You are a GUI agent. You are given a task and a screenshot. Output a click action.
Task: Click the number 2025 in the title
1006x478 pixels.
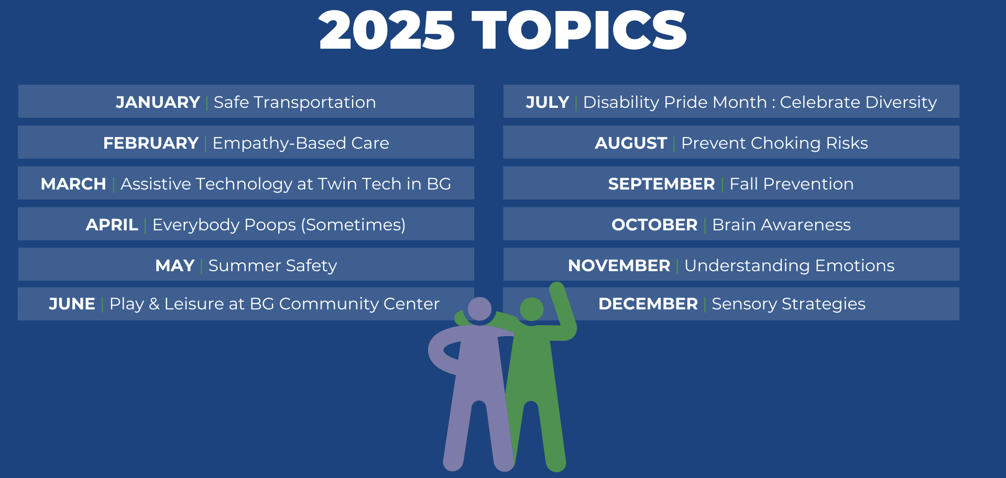click(387, 30)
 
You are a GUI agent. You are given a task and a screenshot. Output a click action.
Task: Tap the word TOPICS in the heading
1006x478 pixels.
click(579, 30)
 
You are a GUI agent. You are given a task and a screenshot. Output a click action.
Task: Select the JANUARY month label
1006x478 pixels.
click(158, 102)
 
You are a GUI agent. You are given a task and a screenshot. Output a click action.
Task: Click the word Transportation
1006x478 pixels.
click(315, 102)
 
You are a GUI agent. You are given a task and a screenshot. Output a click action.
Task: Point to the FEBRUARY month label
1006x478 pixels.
click(151, 143)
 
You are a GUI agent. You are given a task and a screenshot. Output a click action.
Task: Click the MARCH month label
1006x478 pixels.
click(73, 184)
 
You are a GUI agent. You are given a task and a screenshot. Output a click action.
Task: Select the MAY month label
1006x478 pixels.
click(175, 265)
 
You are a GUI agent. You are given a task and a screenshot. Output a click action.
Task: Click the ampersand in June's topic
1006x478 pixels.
click(154, 304)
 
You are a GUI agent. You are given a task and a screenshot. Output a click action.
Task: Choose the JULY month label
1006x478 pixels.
click(548, 102)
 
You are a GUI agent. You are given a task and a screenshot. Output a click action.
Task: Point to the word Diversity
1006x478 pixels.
click(894, 102)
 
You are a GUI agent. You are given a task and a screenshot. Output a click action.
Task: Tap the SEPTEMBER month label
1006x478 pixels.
click(661, 184)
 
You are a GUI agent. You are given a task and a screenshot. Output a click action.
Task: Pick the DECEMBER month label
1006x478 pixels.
click(648, 304)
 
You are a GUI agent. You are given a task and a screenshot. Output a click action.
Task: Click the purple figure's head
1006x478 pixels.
click(479, 308)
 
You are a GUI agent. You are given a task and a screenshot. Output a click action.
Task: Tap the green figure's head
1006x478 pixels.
click(532, 309)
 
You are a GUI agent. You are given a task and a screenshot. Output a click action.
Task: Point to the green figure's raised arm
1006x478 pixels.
click(563, 312)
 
